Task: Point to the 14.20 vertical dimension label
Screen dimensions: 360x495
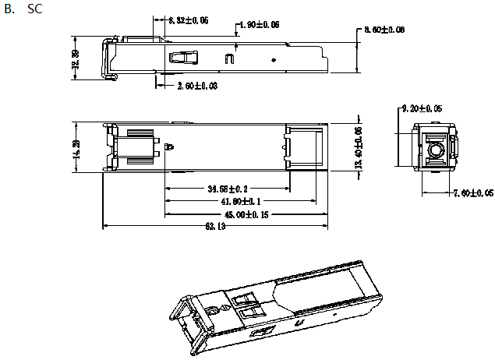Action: coord(76,146)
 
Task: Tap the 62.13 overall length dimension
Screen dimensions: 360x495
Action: coord(215,227)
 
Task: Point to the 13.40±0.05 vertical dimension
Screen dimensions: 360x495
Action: coord(359,147)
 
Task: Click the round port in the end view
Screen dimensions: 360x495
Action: coord(434,146)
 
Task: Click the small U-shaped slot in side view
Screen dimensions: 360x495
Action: coord(228,57)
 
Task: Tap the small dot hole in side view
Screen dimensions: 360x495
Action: coord(273,58)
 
